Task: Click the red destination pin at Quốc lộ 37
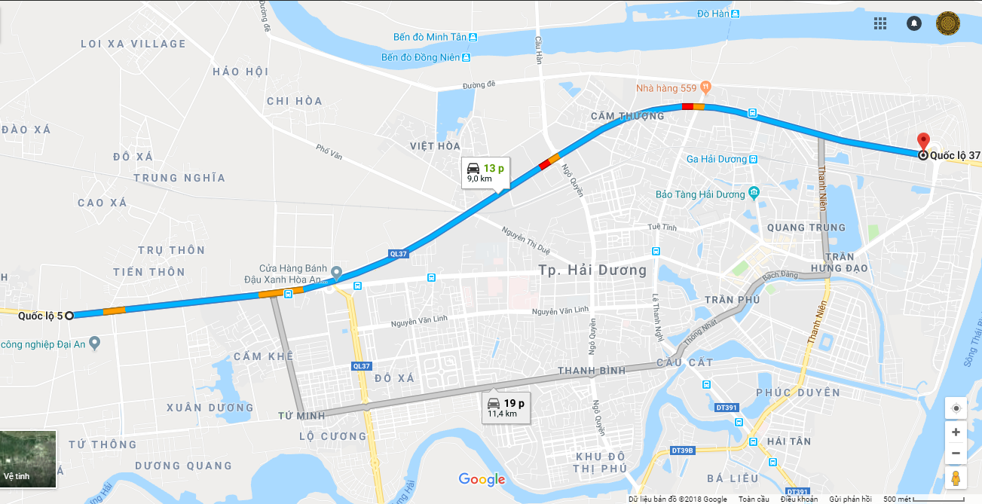pyautogui.click(x=923, y=142)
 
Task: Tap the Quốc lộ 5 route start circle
pyautogui.click(x=69, y=316)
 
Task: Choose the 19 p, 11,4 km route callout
pyautogui.click(x=506, y=408)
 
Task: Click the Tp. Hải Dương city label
pyautogui.click(x=592, y=270)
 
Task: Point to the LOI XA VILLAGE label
pyautogui.click(x=133, y=44)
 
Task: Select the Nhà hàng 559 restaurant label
pyautogui.click(x=666, y=88)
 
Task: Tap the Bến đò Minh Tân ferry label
pyautogui.click(x=430, y=37)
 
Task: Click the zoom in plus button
pyautogui.click(x=956, y=432)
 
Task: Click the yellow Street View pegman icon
pyautogui.click(x=956, y=479)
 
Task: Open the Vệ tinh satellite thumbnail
pyautogui.click(x=29, y=458)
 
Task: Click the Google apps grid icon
pyautogui.click(x=880, y=23)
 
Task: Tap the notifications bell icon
pyautogui.click(x=914, y=23)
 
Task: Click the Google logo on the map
pyautogui.click(x=482, y=479)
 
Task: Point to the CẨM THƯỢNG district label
pyautogui.click(x=627, y=116)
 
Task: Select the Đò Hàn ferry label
pyautogui.click(x=712, y=14)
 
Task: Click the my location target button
pyautogui.click(x=956, y=408)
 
